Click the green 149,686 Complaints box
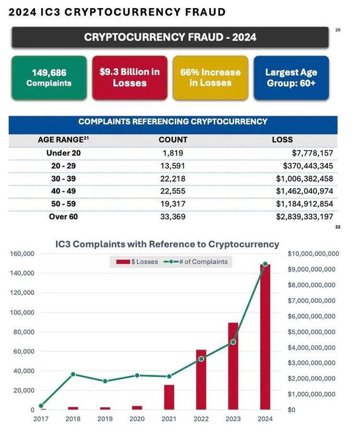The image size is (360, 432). pos(49,78)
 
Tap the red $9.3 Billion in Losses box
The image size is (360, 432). pos(130,77)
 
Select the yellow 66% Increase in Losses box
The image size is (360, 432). pos(210,77)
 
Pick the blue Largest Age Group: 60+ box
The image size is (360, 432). pos(291,77)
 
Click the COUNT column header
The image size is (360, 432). pos(173,139)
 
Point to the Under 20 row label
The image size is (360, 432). pos(63,153)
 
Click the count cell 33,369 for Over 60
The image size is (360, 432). pos(173,217)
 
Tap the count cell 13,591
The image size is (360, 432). pos(173,165)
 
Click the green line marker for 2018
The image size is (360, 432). pos(74,374)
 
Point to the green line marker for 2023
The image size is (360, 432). pos(233,342)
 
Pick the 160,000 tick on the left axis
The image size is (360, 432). pos(22,254)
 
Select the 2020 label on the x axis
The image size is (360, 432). pos(137,419)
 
